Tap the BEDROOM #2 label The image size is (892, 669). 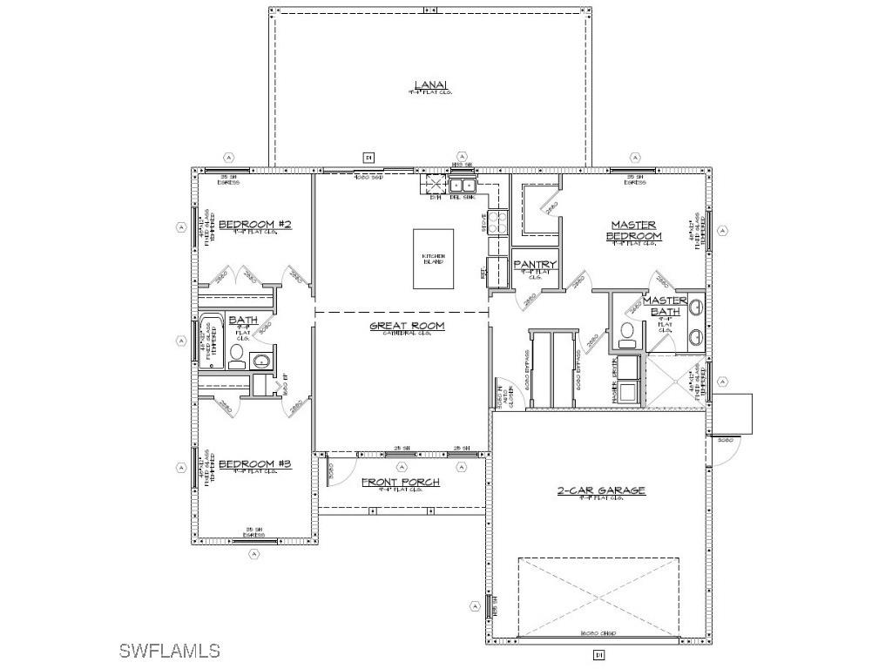(242, 225)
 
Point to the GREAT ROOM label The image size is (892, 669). (407, 326)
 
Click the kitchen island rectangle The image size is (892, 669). (434, 258)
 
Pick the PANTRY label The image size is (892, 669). (534, 265)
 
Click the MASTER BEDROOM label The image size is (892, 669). (633, 230)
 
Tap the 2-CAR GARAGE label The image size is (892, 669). (601, 490)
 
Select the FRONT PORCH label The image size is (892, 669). (401, 482)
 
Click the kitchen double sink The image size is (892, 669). (463, 185)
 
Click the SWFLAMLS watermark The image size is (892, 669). (169, 650)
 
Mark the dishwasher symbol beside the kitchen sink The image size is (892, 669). (434, 185)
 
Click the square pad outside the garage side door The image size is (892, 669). (733, 413)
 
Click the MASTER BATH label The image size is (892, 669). (666, 306)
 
